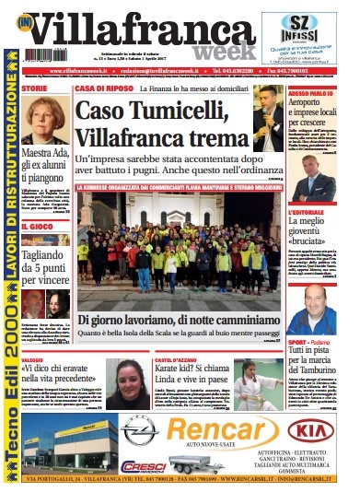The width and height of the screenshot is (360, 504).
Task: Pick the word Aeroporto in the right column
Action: click(312, 107)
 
